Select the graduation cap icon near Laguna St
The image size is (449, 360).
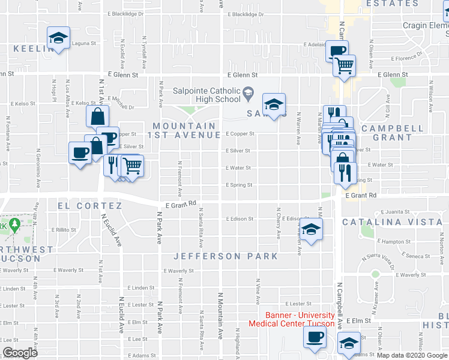pyautogui.click(x=58, y=39)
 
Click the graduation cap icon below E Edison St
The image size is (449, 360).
pyautogui.click(x=310, y=230)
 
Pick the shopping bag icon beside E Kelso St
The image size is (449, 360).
pyautogui.click(x=97, y=116)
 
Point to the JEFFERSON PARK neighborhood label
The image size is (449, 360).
pyautogui.click(x=226, y=256)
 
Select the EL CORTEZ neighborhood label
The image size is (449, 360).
pyautogui.click(x=90, y=206)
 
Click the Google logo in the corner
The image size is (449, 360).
pyautogui.click(x=20, y=353)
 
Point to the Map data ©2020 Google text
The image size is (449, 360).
pyautogui.click(x=412, y=355)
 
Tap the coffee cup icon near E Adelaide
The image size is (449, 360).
pyautogui.click(x=337, y=50)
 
